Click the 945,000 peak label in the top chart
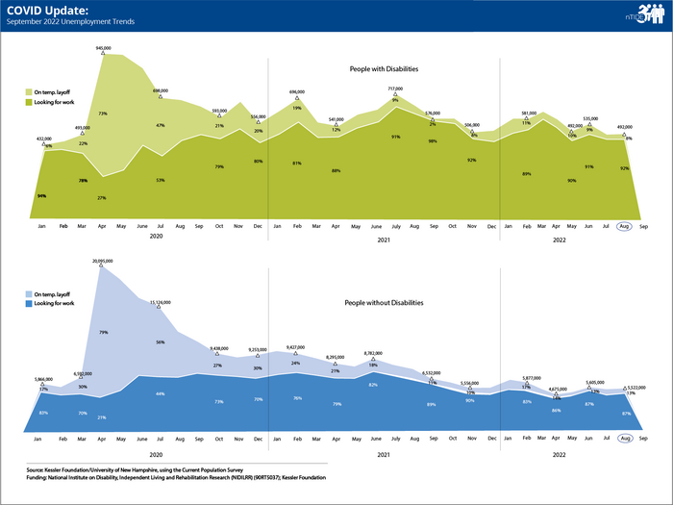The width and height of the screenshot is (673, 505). (103, 47)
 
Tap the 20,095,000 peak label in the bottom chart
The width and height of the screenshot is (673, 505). (103, 261)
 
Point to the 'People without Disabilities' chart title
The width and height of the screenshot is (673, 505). (383, 302)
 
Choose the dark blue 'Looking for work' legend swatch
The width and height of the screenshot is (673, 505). (28, 303)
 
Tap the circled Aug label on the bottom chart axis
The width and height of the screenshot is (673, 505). (624, 438)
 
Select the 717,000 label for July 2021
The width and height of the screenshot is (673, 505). (394, 88)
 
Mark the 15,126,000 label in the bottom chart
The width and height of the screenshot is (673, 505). (159, 302)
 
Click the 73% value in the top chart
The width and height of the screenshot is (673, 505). (102, 114)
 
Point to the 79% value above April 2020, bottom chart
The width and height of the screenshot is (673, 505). (102, 333)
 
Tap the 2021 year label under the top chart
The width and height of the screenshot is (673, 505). (383, 240)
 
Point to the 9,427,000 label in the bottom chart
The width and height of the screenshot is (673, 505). (296, 347)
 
